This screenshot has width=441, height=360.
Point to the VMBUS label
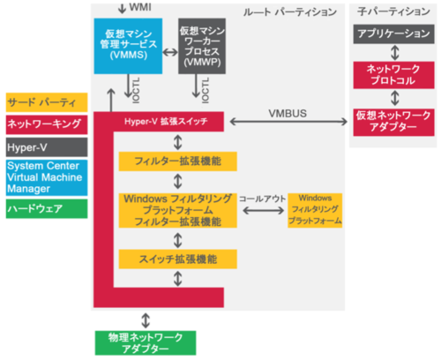click(287, 112)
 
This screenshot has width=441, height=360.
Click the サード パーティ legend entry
click(43, 101)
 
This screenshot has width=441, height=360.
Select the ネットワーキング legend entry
click(43, 123)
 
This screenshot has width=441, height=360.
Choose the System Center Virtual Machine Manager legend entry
click(43, 176)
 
